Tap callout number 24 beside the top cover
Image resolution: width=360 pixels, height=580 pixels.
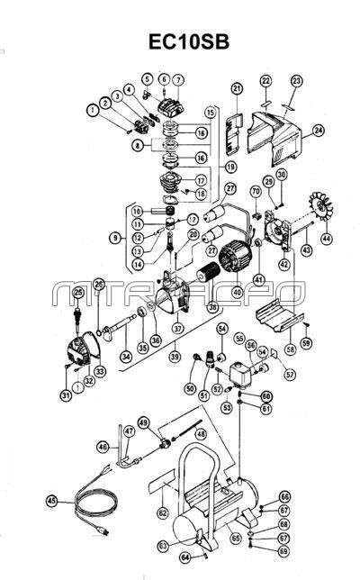(x=319, y=131)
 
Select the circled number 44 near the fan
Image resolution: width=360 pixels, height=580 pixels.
(x=326, y=239)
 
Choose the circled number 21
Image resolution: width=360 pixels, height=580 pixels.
(x=237, y=88)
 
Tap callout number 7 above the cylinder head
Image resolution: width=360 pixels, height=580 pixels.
(x=178, y=80)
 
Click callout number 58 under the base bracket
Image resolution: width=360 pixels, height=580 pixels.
(x=289, y=347)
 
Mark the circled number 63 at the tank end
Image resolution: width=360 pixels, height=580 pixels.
(x=163, y=545)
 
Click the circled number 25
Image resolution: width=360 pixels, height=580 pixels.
(x=78, y=294)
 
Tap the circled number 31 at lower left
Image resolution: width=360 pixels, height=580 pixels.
(x=67, y=394)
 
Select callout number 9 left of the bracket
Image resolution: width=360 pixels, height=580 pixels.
(x=113, y=238)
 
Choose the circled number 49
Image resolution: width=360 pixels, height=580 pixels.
(x=143, y=422)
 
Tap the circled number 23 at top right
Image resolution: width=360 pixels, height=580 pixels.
(x=296, y=81)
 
